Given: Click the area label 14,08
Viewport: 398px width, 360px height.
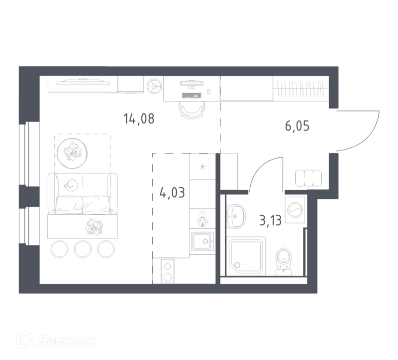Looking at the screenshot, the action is [x=139, y=119].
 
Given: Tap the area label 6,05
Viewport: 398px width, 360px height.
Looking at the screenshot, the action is [x=297, y=126].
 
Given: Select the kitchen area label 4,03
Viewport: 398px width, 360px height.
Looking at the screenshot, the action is [x=172, y=193].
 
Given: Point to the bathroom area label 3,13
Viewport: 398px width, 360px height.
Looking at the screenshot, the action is [x=271, y=220].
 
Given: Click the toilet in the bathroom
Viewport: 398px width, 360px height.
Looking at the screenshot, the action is [x=284, y=262].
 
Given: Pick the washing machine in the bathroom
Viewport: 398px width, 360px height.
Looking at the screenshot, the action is [x=295, y=210].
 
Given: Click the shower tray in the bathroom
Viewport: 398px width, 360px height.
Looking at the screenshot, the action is [x=246, y=256].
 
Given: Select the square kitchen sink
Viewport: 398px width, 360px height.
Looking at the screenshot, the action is [x=202, y=241].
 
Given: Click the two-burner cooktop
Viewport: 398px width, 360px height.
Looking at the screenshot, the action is [x=168, y=271].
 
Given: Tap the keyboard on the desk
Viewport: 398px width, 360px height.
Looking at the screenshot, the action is [x=192, y=95].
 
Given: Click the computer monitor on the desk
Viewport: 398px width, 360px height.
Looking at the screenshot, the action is [x=192, y=84].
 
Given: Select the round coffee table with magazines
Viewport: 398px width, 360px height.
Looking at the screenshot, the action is [x=72, y=153].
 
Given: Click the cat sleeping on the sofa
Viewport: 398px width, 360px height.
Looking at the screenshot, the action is [x=71, y=185].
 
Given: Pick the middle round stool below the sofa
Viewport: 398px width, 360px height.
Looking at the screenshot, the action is [x=83, y=249].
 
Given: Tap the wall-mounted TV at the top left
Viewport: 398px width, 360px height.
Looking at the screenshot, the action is [x=83, y=82].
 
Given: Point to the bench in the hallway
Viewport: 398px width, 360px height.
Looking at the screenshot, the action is [x=308, y=178].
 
